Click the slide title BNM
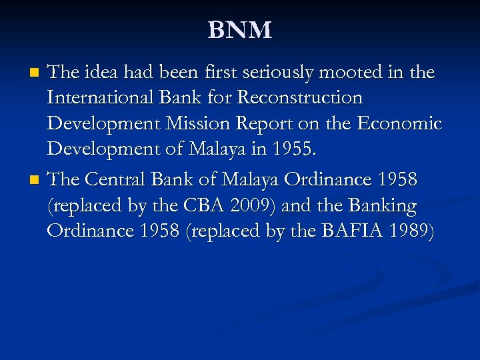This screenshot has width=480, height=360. click(240, 30)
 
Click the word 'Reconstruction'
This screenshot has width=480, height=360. click(300, 98)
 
